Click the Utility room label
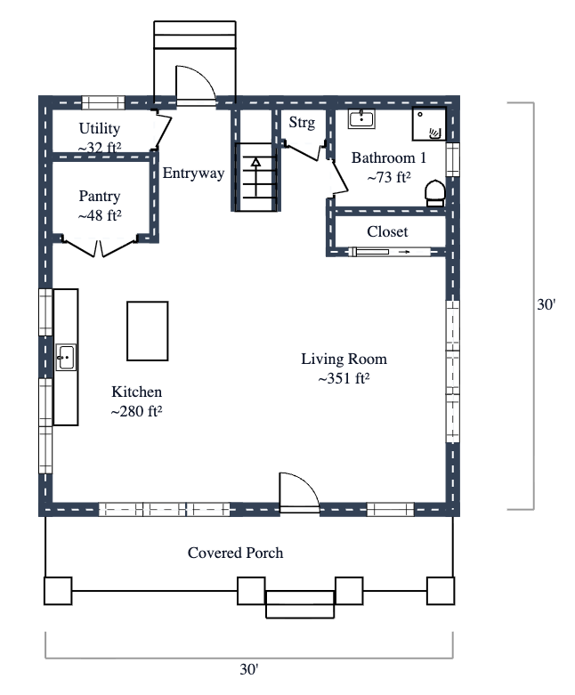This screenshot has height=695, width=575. click(x=100, y=129)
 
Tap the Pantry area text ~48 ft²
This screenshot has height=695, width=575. click(x=100, y=214)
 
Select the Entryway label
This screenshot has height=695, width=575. click(x=193, y=173)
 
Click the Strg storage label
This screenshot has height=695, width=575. click(x=302, y=123)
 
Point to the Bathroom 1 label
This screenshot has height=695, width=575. click(x=389, y=158)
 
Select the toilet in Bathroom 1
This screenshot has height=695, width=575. click(x=435, y=192)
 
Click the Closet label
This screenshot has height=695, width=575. click(x=387, y=231)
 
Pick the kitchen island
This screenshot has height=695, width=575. click(x=147, y=331)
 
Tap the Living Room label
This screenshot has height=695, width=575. click(x=344, y=360)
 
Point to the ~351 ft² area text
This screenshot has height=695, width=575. click(x=344, y=378)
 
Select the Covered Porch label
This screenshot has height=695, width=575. click(x=235, y=553)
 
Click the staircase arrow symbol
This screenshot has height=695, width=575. click(x=255, y=164)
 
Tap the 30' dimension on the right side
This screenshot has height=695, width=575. click(x=546, y=304)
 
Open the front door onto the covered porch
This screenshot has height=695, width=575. click(x=298, y=494)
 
